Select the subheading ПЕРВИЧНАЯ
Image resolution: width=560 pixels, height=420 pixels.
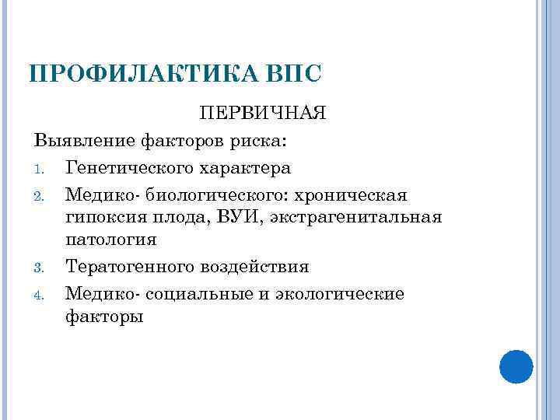pyautogui.click(x=262, y=114)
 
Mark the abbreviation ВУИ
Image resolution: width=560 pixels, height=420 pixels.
pyautogui.click(x=232, y=217)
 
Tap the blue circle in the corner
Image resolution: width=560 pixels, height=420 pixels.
pyautogui.click(x=516, y=366)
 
